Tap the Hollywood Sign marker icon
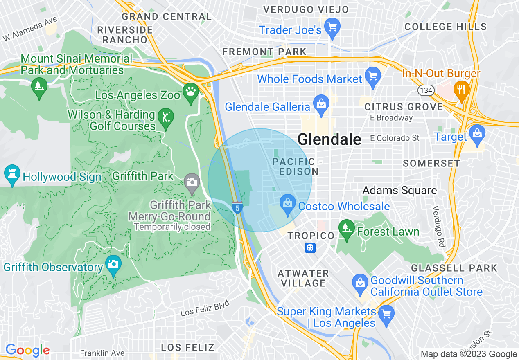pos(12,175)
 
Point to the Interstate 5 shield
pos(237,207)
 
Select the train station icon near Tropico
pos(310,248)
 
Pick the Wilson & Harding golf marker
pos(165,118)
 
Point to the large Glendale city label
pos(329,139)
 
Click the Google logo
pos(27,350)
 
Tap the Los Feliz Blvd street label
pos(204,308)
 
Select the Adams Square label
pos(399,190)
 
